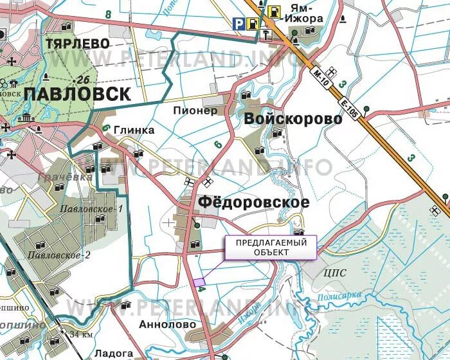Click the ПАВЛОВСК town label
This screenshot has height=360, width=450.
click(x=77, y=94)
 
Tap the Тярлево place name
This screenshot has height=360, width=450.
click(x=77, y=43)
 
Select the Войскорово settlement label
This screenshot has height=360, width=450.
click(x=292, y=119)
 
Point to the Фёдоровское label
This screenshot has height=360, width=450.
click(x=254, y=202)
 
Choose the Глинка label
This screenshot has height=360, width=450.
click(x=134, y=130)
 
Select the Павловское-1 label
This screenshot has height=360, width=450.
click(x=91, y=209)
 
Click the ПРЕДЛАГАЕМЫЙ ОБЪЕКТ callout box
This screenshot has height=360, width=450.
click(x=271, y=248)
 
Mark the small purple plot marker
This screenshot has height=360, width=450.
click(x=199, y=282)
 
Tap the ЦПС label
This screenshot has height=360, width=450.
click(x=336, y=272)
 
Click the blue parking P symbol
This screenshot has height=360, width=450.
click(x=239, y=24)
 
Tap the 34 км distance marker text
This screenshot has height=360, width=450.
click(x=82, y=334)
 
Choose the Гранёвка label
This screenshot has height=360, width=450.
click(x=57, y=176)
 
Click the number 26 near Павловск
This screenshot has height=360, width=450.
click(x=82, y=80)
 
